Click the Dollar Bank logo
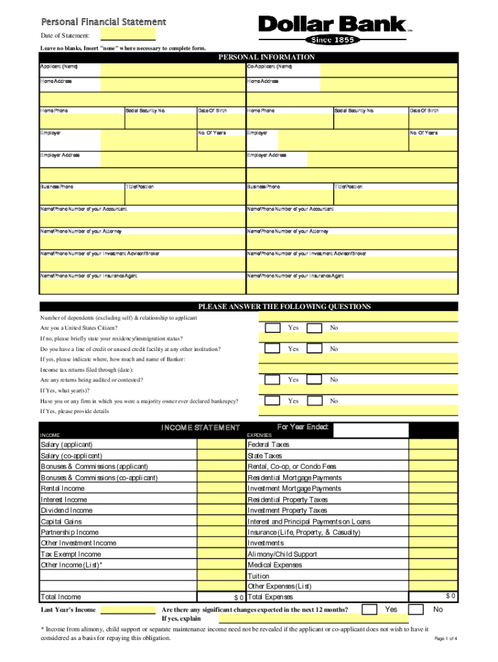point(333,25)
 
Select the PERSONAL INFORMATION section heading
point(266,58)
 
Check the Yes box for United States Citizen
point(273,328)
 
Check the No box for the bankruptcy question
point(314,401)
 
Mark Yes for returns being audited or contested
point(273,380)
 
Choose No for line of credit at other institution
point(314,349)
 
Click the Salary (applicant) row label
point(67,445)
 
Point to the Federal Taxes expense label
point(268,445)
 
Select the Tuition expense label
point(259,576)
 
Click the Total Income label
point(61,597)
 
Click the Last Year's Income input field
point(129,610)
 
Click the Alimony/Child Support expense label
point(282,554)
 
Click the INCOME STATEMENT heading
point(200,428)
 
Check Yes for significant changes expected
point(369,610)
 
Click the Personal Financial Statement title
point(103,23)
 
